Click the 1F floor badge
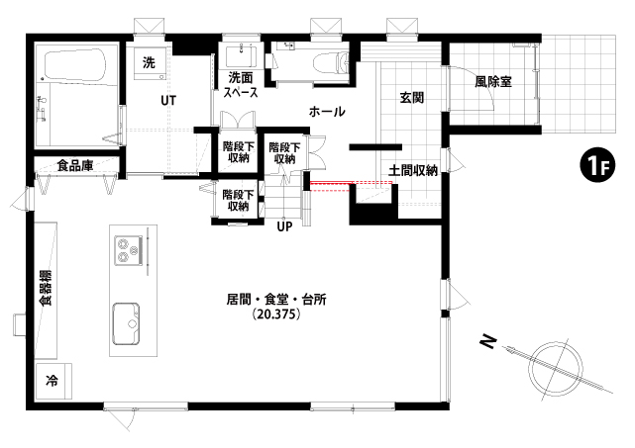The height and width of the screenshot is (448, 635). click(x=597, y=165)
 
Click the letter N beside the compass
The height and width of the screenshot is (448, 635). click(x=488, y=342)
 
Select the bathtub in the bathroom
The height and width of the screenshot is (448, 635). click(x=75, y=66)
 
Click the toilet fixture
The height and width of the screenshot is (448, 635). click(x=331, y=62)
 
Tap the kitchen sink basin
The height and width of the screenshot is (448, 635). click(x=126, y=323)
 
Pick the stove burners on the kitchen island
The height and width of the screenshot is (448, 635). click(x=128, y=250)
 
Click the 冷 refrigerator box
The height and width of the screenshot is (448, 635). click(x=53, y=381)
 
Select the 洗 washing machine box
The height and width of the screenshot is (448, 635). click(x=150, y=63)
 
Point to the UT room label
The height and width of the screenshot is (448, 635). click(x=168, y=100)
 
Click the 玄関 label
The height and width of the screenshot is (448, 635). click(x=412, y=98)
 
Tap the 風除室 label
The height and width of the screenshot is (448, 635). click(x=493, y=82)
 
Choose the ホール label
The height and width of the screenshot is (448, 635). click(x=327, y=111)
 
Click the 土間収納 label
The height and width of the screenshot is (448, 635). click(x=413, y=171)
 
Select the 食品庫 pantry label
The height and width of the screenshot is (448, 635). click(x=75, y=165)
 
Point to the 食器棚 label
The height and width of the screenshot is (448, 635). click(x=46, y=288)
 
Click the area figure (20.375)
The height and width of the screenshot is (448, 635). click(x=276, y=314)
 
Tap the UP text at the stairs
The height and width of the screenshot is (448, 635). click(x=284, y=226)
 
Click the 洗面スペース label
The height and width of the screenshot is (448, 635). click(x=241, y=85)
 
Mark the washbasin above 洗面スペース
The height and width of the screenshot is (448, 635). click(x=241, y=57)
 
